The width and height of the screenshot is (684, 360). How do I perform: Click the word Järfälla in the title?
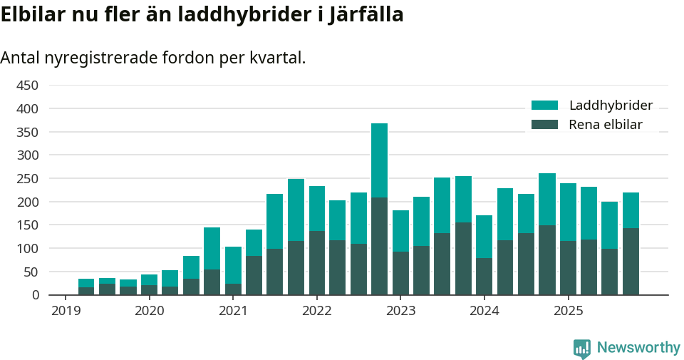[366, 14]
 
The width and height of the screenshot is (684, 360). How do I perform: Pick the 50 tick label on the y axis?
[30, 272]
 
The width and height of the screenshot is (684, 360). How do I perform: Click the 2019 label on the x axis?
[66, 311]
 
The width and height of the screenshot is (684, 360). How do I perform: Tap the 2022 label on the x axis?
[317, 311]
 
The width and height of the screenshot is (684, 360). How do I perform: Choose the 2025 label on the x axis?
[569, 311]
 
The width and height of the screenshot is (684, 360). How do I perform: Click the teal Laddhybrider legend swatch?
[544, 106]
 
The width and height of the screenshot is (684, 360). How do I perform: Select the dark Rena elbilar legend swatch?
[544, 125]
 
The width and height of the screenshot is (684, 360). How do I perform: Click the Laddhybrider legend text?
[611, 106]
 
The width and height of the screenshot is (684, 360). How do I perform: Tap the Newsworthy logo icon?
[582, 348]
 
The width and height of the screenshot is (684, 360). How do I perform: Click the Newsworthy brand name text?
[638, 348]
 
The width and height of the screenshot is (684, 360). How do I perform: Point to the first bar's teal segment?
[86, 283]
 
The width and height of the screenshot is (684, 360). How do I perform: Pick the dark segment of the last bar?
[631, 262]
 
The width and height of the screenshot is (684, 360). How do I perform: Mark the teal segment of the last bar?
[631, 210]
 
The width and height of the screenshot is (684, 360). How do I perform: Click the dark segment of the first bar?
[86, 291]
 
